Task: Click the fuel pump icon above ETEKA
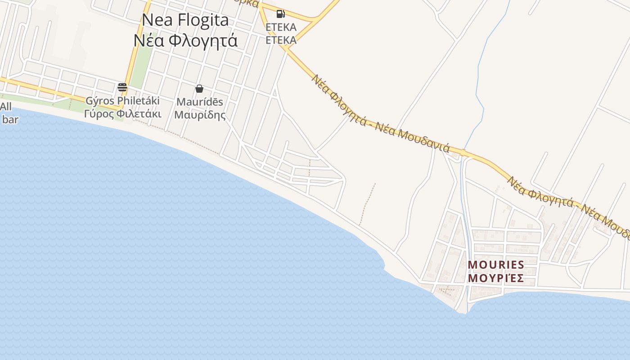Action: point(281,14)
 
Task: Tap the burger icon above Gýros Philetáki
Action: point(122,87)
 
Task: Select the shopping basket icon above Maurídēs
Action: point(199,89)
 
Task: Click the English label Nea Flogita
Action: point(185,20)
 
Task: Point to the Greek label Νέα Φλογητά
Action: point(185,40)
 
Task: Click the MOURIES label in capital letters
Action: point(496,265)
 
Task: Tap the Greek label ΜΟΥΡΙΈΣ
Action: point(496,278)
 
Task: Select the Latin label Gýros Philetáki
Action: point(122,100)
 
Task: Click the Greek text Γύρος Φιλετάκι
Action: point(122,113)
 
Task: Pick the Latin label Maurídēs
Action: point(199,102)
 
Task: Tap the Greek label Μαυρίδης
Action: point(199,115)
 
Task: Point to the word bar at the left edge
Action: point(10,120)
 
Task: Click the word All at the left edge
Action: point(6,107)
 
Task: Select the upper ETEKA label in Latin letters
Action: point(281,27)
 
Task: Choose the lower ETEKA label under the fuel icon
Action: point(281,40)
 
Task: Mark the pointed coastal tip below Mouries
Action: point(464,312)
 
